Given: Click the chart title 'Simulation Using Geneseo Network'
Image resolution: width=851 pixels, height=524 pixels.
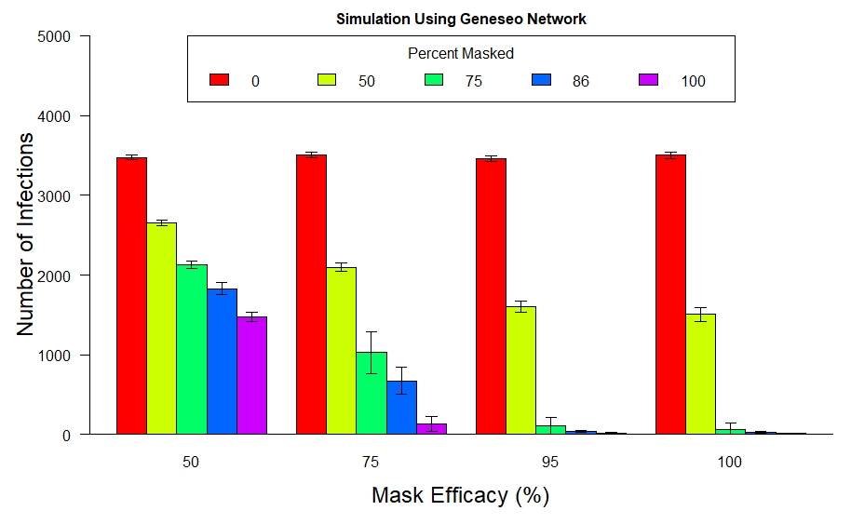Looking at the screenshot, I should (x=461, y=19).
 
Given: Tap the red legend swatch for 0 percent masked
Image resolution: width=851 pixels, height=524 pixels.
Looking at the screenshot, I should (x=220, y=81).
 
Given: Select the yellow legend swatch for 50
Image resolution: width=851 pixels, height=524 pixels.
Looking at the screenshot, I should (x=327, y=81).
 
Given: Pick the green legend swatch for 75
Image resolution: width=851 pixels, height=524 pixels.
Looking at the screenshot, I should (x=435, y=81).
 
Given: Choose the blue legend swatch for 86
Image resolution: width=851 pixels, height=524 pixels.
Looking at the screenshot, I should (x=542, y=81).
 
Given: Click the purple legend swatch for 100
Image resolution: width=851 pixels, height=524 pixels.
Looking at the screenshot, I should (x=649, y=81).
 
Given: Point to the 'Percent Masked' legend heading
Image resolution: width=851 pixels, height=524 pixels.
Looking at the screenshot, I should (x=461, y=54).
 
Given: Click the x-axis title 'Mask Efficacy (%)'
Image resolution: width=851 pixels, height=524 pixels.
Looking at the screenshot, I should (x=461, y=495).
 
